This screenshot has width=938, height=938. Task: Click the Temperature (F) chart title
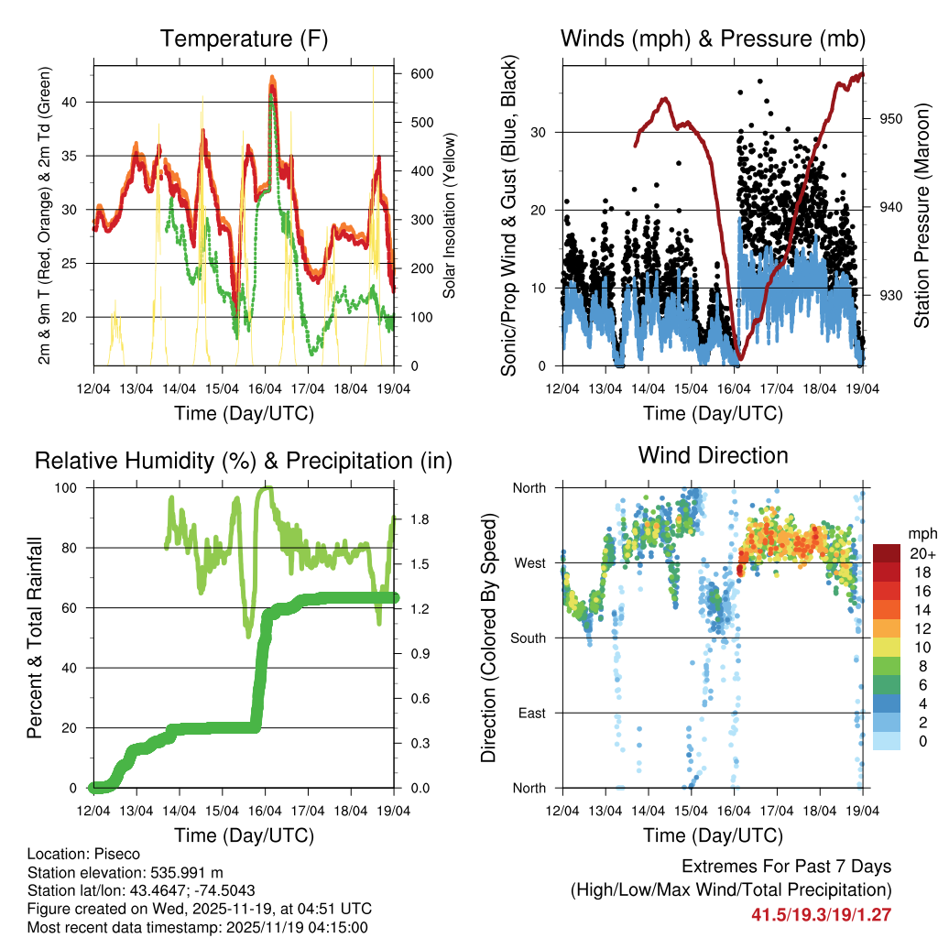tap(244, 39)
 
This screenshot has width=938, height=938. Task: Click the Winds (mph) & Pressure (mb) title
tap(713, 39)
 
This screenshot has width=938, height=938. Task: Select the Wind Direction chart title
tap(713, 455)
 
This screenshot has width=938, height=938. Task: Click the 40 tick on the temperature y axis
tap(79, 102)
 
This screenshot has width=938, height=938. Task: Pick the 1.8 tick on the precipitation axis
tap(408, 518)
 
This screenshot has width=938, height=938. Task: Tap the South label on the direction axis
tap(530, 638)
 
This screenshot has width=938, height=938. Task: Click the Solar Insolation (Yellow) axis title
tap(450, 215)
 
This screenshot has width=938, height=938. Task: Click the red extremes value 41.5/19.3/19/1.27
tap(822, 914)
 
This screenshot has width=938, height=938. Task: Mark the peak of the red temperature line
tap(272, 77)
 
